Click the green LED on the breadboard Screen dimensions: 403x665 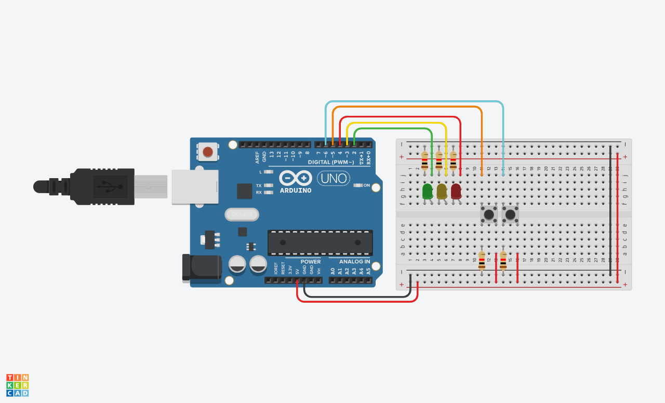pos(428,191)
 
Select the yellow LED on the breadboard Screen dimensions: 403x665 pos(442,191)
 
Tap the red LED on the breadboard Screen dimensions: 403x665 pos(456,191)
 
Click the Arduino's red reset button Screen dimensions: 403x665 pos(208,152)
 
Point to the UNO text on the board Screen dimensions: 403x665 pos(334,179)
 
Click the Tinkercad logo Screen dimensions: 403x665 pos(18,385)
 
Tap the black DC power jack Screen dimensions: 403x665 pos(201,267)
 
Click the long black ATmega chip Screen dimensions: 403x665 pos(320,243)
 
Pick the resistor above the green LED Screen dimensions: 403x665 pos(425,160)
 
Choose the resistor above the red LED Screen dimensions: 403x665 pos(454,160)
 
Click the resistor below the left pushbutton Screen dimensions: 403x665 pos(482,260)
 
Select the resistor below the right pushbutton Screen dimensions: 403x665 pos(503,260)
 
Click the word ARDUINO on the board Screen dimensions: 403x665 pos(296,191)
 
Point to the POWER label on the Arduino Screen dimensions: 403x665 pos(311,262)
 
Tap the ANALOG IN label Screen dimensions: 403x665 pos(355,262)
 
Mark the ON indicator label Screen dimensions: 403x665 pos(367,185)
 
